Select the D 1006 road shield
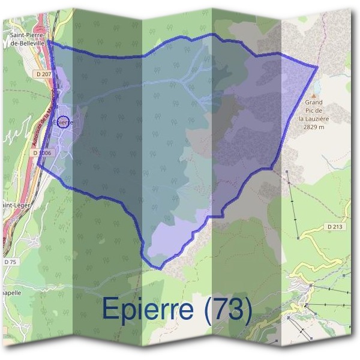pos(43,153)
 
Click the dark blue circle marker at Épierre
pos(64,122)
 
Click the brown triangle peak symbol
pos(313,95)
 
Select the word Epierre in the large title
pos(148,308)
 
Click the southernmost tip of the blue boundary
pos(160,268)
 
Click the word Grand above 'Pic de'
pos(313,103)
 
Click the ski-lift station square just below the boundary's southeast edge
pos(288,172)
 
